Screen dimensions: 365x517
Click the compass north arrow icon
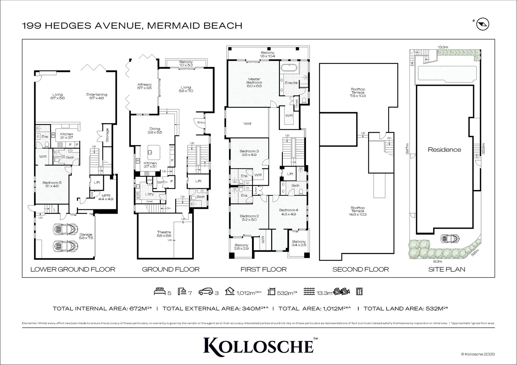[x=483, y=25]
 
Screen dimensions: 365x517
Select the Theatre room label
[x=164, y=234]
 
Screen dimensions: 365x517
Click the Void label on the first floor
[x=247, y=123]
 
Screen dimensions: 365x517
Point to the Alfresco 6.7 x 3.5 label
[x=144, y=86]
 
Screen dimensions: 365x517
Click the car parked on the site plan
[x=450, y=239]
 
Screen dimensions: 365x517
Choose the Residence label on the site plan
[x=444, y=150]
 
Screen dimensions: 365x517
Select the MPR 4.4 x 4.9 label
[x=106, y=197]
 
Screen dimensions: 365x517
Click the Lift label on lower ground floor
[x=97, y=182]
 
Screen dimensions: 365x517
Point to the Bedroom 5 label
[x=52, y=184]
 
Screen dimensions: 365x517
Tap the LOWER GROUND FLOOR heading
[x=73, y=269]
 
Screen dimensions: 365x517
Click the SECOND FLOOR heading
[x=360, y=269]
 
